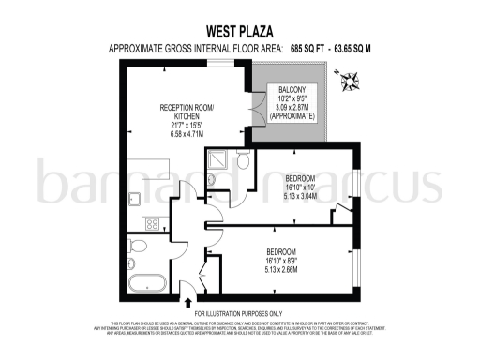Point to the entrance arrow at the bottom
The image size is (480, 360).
[191, 303]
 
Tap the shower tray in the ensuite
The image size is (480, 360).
[215, 160]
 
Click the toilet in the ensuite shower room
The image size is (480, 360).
[242, 161]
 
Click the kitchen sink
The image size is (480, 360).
[134, 198]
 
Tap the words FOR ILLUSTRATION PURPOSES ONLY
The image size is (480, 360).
[238, 313]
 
